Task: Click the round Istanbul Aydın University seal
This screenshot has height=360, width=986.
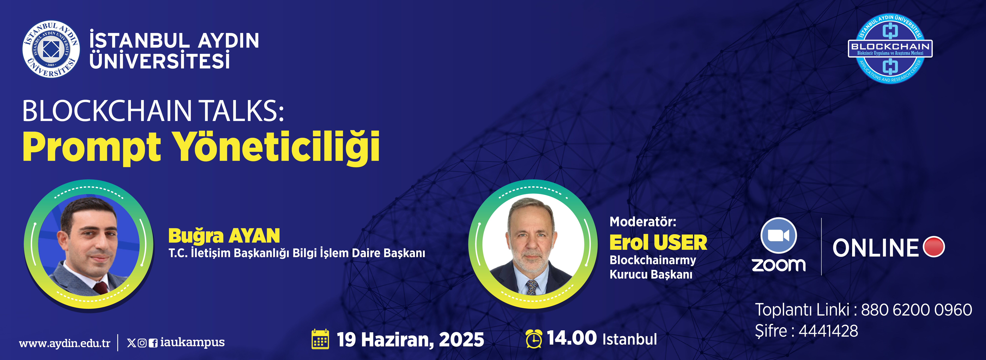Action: click(51, 49)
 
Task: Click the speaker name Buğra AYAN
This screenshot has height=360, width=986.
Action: click(224, 236)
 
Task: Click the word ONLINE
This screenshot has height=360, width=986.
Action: click(875, 248)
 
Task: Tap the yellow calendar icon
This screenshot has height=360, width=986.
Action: click(320, 339)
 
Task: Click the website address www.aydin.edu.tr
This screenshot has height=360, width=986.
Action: click(65, 343)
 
